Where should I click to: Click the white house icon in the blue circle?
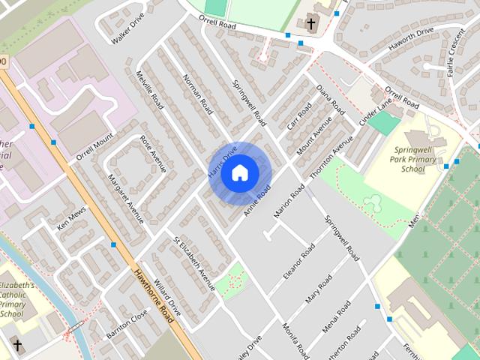point(239,173)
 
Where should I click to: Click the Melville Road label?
point(150,91)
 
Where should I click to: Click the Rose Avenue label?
point(152,153)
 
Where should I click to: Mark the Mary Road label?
point(318,289)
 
